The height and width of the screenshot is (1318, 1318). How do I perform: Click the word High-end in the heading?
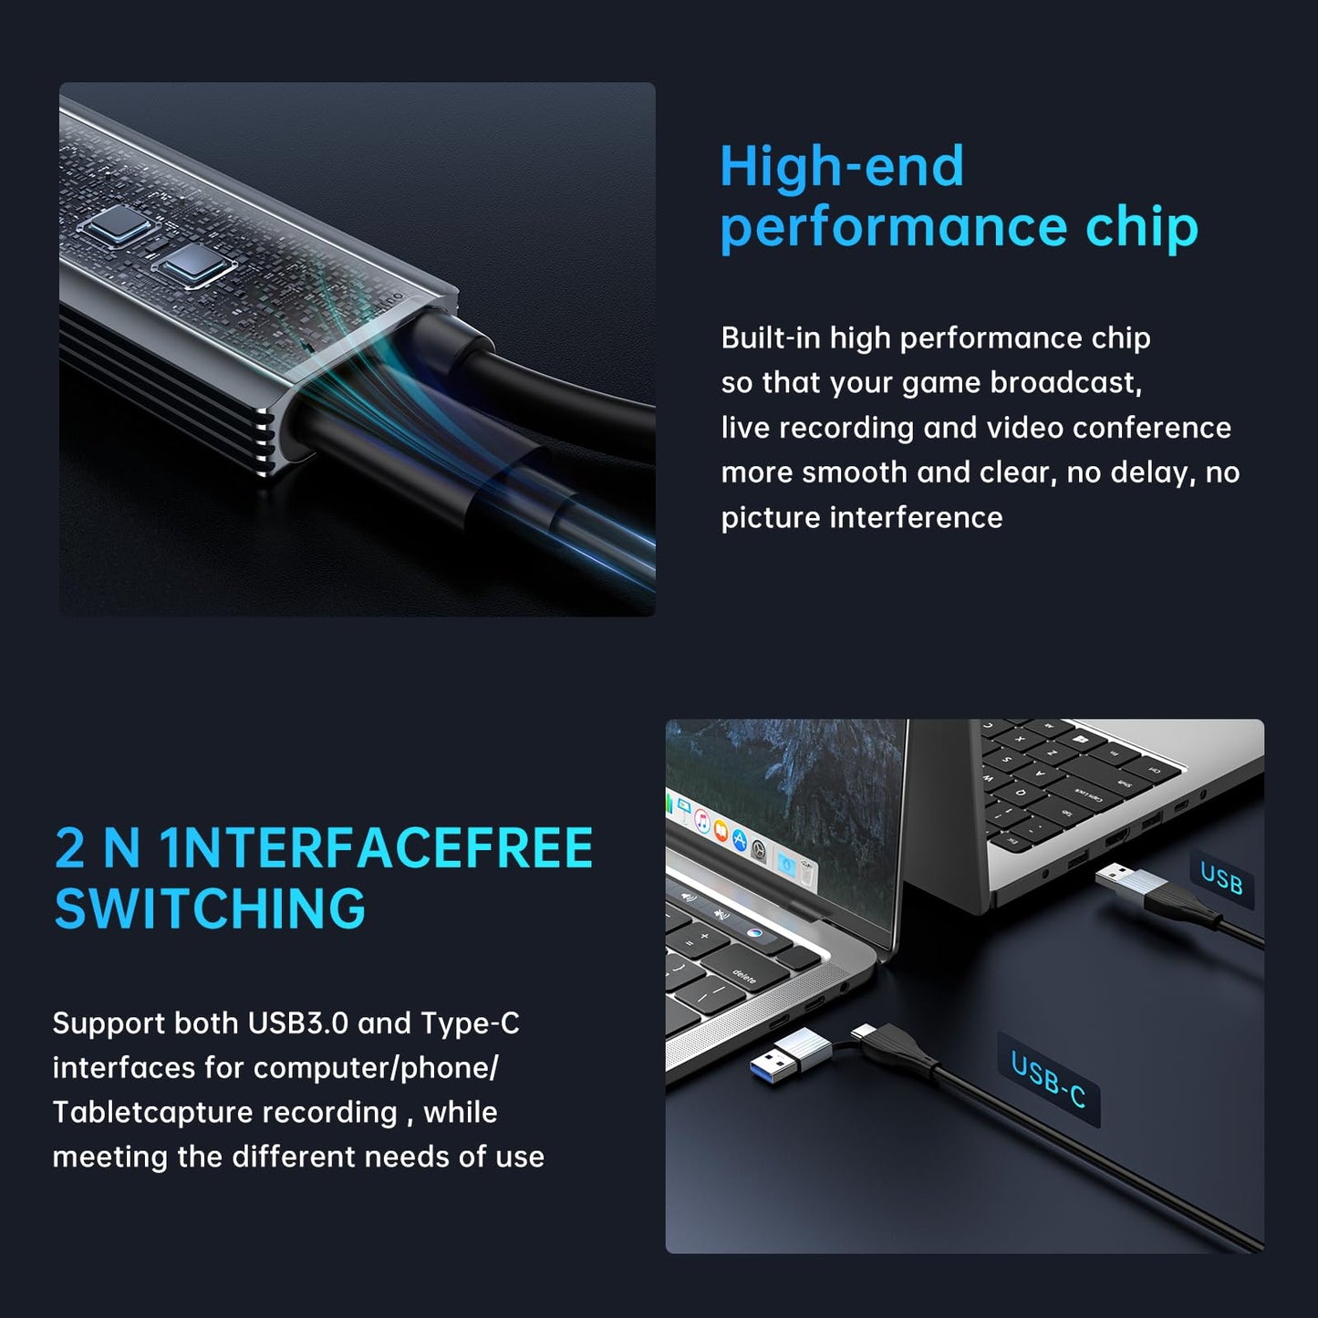coord(841,167)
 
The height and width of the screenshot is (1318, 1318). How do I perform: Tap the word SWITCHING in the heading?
coord(210,908)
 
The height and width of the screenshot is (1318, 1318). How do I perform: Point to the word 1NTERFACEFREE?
coord(376,848)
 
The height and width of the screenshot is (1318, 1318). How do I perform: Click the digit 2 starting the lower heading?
coord(69,848)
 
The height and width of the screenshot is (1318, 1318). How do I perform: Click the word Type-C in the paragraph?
coord(470,1023)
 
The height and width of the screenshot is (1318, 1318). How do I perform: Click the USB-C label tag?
coord(1049,1079)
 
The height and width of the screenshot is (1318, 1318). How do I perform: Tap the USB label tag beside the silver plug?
coord(1221,879)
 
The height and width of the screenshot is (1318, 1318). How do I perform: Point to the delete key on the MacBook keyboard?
coord(745,978)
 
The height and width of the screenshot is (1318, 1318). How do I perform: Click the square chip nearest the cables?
coord(193,265)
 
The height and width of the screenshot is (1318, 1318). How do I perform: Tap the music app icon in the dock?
coord(702,821)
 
